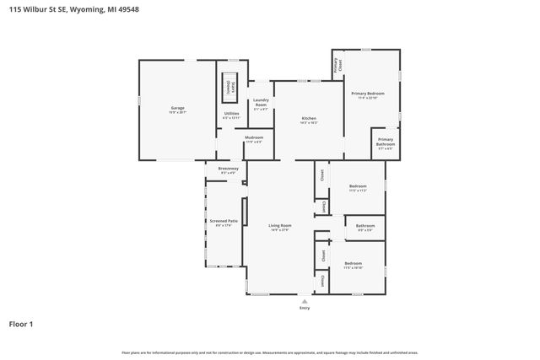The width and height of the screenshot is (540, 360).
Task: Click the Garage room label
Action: coord(177,108)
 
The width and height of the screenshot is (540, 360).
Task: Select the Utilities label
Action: coord(231,113)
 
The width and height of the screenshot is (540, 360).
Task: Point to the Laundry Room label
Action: coord(261,104)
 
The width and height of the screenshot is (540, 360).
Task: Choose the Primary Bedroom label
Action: coord(368,93)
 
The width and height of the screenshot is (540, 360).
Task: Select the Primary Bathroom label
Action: coord(385,141)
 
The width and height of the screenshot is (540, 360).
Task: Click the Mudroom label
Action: coord(254,137)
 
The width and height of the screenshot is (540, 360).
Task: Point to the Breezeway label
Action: coord(228,169)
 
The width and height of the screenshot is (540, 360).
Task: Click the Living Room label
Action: coord(280,225)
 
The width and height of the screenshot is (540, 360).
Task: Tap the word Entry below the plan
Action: coord(305,308)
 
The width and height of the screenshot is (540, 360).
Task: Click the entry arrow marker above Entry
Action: coord(305,299)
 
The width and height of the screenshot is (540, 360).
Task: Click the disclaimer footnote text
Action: coord(270,352)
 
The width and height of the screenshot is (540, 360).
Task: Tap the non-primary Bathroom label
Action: coord(365,226)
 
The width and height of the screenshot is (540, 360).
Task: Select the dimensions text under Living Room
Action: coord(280,230)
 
